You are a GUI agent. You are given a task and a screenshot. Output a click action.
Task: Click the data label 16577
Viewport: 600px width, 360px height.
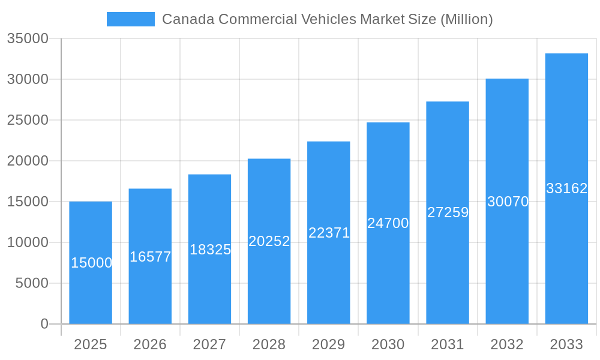tap(151, 257)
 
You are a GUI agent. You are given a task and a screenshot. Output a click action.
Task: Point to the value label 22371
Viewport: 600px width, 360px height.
tap(329, 233)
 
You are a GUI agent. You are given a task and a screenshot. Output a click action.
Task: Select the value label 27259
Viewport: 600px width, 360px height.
tap(448, 212)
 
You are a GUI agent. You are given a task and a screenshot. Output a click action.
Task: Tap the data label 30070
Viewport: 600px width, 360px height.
tap(508, 202)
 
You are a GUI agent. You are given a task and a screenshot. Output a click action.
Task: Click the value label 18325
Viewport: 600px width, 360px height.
tap(210, 250)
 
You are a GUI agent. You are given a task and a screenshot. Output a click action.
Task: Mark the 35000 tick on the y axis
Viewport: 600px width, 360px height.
tap(28, 38)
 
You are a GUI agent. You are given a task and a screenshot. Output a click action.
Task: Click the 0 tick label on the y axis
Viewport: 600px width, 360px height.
tap(44, 324)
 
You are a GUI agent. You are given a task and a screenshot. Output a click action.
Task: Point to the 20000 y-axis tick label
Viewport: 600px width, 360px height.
tap(28, 161)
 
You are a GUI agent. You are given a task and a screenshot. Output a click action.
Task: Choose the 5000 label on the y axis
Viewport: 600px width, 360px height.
tap(32, 283)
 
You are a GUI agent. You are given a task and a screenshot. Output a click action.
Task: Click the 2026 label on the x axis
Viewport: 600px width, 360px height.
tap(150, 344)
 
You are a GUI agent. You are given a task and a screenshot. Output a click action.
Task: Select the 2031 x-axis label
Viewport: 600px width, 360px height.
tap(448, 344)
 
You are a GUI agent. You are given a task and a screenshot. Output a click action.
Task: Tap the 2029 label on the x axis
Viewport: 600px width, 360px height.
tap(329, 344)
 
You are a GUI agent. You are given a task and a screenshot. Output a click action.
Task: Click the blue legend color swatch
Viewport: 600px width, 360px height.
tap(131, 19)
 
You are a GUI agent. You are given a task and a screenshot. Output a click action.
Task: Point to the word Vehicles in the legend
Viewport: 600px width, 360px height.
tap(328, 19)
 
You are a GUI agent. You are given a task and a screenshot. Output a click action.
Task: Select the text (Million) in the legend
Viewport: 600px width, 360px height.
tap(466, 19)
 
